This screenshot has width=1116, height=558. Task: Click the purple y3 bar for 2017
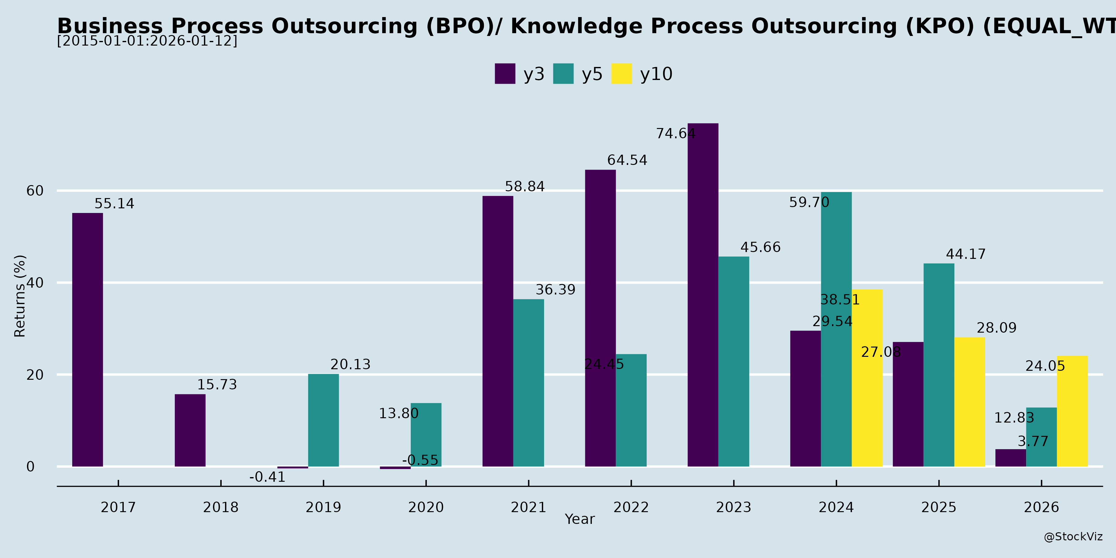click(x=87, y=340)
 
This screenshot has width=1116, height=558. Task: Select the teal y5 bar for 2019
click(x=323, y=420)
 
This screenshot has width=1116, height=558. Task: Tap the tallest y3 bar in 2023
click(x=703, y=294)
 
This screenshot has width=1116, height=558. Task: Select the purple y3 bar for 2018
click(x=190, y=430)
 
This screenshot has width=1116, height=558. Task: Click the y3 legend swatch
click(x=505, y=74)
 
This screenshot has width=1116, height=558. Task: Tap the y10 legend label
click(x=656, y=74)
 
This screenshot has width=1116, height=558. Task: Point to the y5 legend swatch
click(x=563, y=74)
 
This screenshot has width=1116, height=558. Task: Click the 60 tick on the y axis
click(x=35, y=191)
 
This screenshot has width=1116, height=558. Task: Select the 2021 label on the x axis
click(x=528, y=507)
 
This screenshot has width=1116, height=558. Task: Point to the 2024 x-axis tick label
click(x=836, y=507)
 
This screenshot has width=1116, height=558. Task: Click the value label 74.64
click(x=675, y=133)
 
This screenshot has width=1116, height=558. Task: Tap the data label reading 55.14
click(x=114, y=204)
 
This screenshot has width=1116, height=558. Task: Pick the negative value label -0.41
click(x=267, y=477)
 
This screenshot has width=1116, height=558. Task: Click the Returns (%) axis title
click(x=20, y=296)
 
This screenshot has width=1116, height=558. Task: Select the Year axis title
click(x=580, y=519)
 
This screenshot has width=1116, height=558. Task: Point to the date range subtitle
click(x=147, y=41)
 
